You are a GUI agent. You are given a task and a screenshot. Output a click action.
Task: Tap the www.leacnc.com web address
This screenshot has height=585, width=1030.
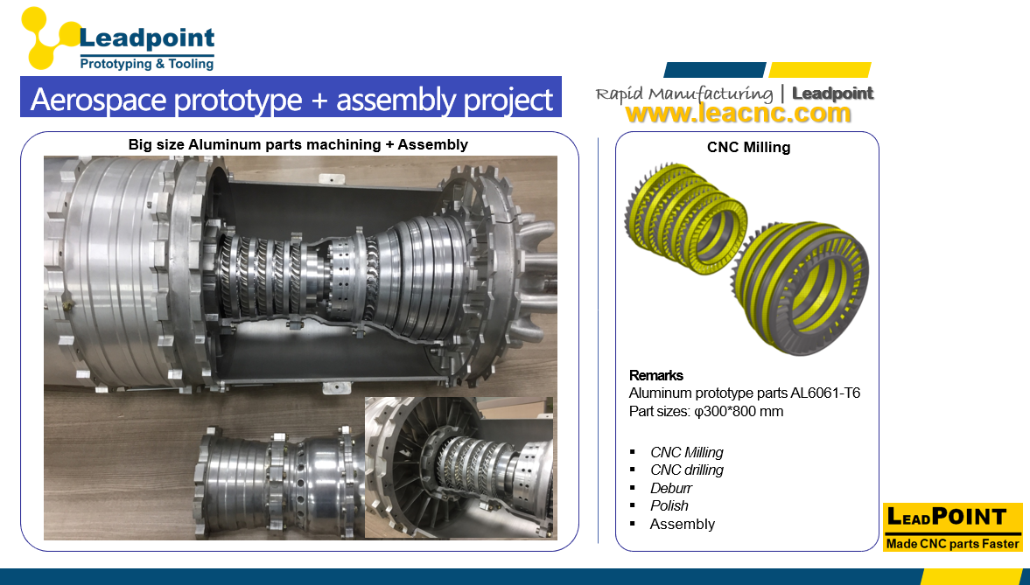click(738, 113)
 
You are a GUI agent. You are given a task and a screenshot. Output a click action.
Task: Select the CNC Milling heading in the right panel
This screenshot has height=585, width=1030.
click(748, 148)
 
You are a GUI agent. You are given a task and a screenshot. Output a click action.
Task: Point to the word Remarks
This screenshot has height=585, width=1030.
click(656, 376)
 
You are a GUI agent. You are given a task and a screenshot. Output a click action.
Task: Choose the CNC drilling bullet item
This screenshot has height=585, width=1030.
click(687, 470)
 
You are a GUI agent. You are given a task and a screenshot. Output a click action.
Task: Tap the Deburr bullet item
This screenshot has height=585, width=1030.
click(671, 488)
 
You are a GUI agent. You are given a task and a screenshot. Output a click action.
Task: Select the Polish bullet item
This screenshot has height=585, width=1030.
click(669, 506)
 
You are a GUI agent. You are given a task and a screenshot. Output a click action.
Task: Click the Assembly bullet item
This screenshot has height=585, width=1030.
click(683, 525)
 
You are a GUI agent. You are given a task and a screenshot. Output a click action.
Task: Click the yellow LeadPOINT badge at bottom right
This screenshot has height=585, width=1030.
click(952, 518)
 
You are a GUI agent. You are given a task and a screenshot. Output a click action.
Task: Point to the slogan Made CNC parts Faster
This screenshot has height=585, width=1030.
click(952, 544)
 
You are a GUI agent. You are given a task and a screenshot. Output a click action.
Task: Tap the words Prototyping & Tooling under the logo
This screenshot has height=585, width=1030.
click(146, 64)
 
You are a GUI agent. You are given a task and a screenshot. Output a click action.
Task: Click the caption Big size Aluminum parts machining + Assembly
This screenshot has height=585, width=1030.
click(298, 144)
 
